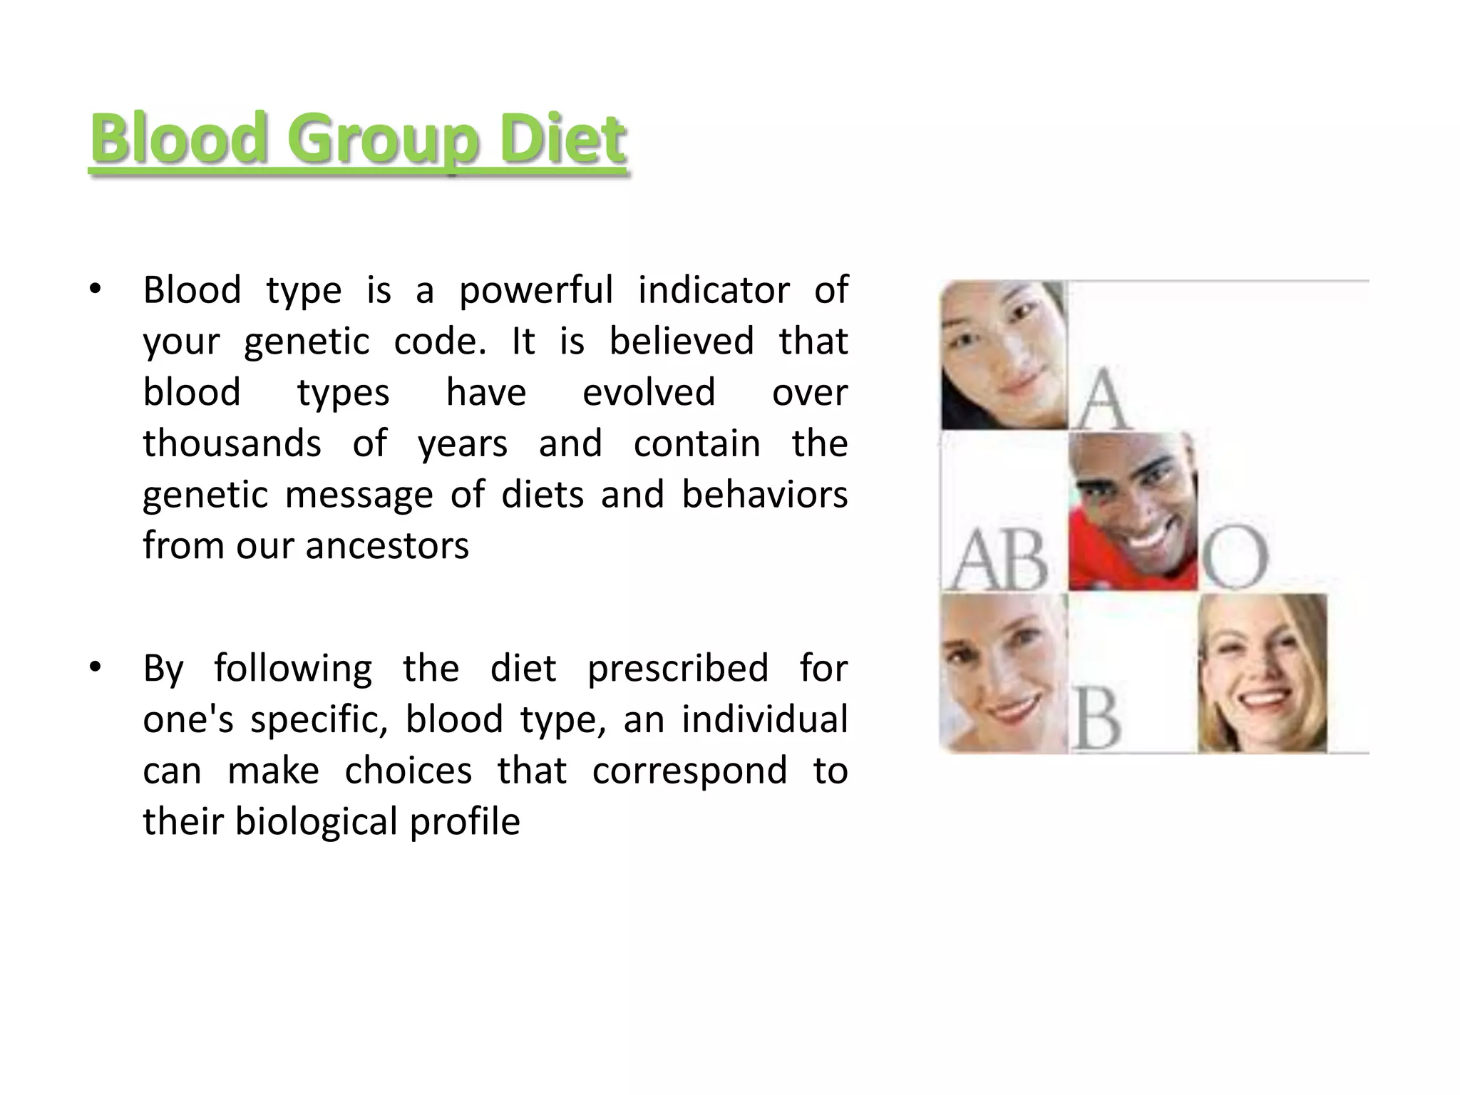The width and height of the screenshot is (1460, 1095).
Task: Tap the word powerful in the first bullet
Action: [535, 290]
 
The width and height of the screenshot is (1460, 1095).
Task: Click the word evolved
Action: [649, 393]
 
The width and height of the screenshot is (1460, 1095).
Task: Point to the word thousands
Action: [232, 443]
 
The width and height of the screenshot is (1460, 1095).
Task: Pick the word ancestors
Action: [387, 546]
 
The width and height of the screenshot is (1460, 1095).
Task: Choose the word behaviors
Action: [764, 495]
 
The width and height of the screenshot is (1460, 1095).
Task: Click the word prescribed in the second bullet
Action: [678, 669]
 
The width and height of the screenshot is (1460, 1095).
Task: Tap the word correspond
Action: [689, 771]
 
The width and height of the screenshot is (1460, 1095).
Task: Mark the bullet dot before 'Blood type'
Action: [95, 289]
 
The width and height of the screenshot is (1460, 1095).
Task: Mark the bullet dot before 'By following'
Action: [95, 668]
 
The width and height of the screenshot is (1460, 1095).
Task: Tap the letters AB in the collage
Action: [999, 559]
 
